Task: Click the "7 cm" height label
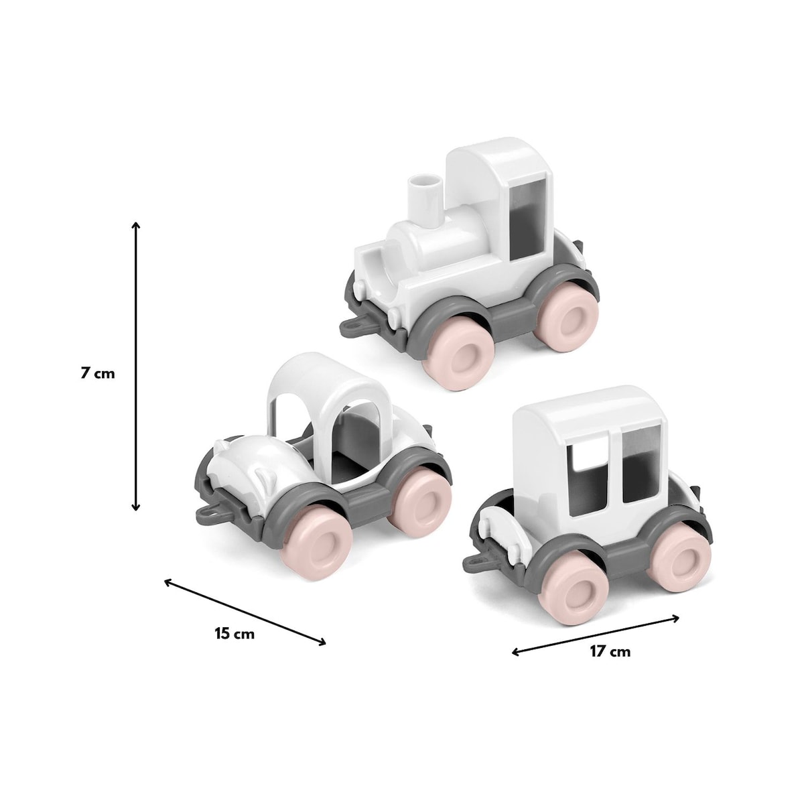coord(98,373)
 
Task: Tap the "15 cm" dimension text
coord(234,646)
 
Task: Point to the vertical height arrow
coord(135,366)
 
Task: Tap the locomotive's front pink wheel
coord(458,356)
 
